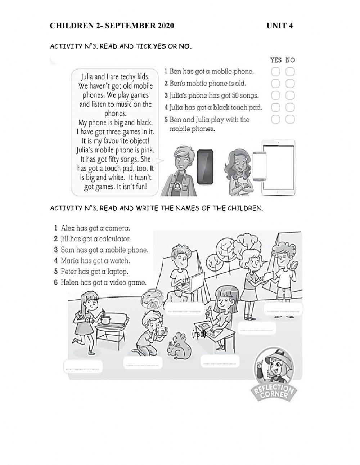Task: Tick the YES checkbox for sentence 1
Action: tap(276, 72)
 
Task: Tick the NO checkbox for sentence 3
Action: tap(290, 95)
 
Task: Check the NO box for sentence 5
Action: tap(290, 119)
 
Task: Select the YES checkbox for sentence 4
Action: tap(276, 107)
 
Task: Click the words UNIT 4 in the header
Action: tap(280, 26)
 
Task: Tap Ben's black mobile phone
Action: tap(205, 165)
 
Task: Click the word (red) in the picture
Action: tap(199, 334)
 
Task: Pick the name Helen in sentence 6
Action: tap(69, 282)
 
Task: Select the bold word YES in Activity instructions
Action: tap(159, 46)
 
